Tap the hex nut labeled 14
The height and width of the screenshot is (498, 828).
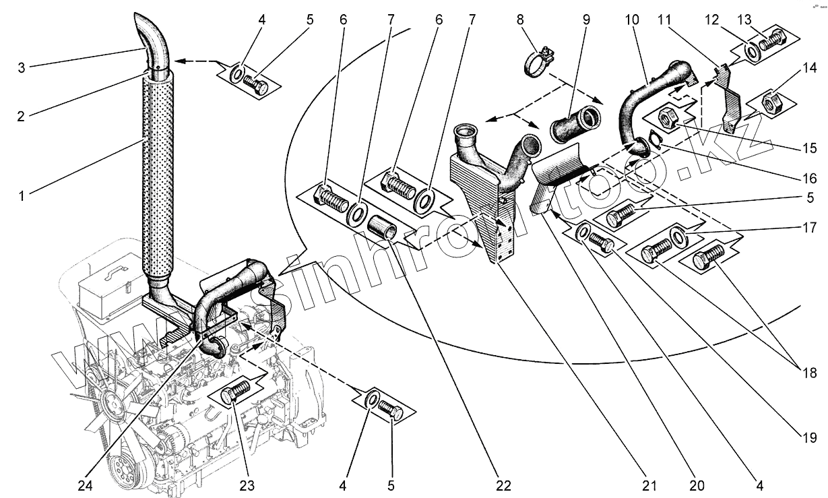[x=771, y=102]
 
